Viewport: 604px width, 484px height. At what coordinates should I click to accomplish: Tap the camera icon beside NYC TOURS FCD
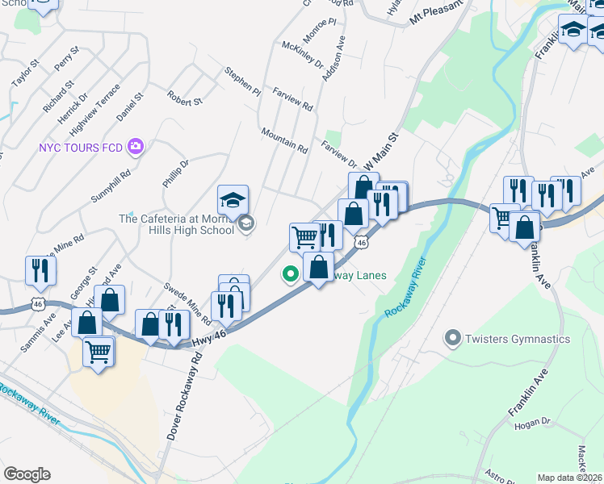(x=135, y=147)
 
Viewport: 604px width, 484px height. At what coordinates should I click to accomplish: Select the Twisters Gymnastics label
(x=517, y=339)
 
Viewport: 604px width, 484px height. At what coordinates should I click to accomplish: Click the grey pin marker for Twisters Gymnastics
(x=452, y=338)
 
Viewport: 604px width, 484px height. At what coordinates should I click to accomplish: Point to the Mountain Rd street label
(x=284, y=140)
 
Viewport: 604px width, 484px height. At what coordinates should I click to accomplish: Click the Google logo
(x=27, y=474)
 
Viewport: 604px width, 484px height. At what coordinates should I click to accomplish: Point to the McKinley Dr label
(x=302, y=56)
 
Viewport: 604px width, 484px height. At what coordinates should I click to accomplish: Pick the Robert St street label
(x=184, y=98)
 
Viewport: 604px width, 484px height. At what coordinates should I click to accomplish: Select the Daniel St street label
(x=129, y=106)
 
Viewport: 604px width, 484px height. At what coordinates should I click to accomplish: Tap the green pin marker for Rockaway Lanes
(x=290, y=274)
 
